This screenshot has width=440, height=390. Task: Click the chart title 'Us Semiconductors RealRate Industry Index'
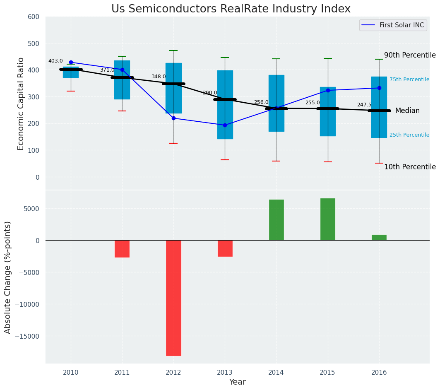point(231,9)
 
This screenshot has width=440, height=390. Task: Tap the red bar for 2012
point(173,298)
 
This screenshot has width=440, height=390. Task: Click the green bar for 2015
point(328,219)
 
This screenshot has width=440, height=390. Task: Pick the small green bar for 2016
point(379,238)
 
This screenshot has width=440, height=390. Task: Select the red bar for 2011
point(122,249)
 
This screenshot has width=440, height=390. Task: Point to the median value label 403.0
point(55,61)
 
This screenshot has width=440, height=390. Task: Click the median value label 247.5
point(364,105)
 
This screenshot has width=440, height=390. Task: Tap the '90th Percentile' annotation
point(410,55)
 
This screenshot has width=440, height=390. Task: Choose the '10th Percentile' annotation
point(410,167)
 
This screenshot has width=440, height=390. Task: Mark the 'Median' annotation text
point(407,111)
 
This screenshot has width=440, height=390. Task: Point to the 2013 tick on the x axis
point(225,372)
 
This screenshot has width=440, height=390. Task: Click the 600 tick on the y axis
point(34,17)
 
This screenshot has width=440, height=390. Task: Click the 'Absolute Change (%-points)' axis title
point(8,277)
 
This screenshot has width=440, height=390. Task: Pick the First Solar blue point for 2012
point(173,118)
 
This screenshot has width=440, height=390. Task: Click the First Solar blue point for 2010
point(71,63)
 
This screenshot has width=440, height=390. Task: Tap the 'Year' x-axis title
point(238,382)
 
